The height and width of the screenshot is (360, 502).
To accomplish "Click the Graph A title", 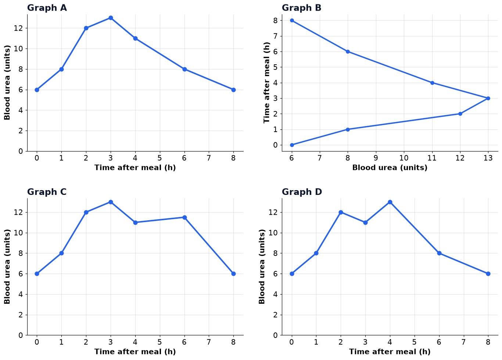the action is pos(47,8).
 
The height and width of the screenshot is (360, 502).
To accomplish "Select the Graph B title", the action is pos(301,8).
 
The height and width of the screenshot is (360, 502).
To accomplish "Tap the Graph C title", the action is pos(47,192).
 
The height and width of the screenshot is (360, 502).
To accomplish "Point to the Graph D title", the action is pos(302,192).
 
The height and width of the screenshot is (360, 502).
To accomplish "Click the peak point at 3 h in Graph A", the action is pos(111,18).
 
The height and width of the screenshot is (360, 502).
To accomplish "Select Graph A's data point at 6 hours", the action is pos(184,69).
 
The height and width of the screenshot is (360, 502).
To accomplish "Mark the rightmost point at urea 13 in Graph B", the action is pos(488,99).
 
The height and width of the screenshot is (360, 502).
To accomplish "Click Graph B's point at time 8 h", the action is pos(292,21).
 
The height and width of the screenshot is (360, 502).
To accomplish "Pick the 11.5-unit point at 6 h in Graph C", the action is pos(184,217).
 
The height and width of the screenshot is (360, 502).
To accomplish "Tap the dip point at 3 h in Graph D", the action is pos(365,222).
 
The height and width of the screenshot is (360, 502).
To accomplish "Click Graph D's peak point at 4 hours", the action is pos(390,202).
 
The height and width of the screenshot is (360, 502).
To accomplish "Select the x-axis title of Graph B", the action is pos(390,168).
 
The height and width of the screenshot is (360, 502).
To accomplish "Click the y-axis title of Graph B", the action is pos(266,82).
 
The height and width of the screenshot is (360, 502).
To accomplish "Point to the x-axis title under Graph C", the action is pos(135,352).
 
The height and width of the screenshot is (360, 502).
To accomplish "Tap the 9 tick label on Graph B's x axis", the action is pos(376,158).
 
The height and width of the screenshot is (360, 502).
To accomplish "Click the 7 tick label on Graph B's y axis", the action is pos(275,36).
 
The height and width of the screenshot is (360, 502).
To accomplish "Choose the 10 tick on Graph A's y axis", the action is pos(18,49).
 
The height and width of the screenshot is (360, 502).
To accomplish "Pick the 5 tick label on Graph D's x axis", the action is pos(414,342).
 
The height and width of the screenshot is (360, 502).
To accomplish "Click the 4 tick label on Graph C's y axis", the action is pos(21,294).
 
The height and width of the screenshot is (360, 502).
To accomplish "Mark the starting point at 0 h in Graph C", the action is pos(37,274).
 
